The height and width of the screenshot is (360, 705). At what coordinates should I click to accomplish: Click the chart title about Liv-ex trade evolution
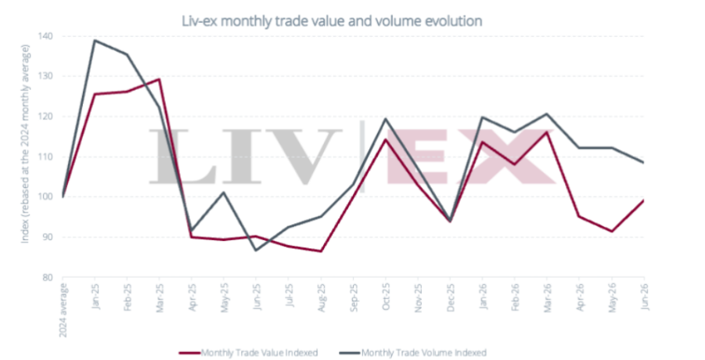[332, 20]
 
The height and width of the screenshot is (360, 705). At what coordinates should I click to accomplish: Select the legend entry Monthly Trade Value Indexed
[248, 353]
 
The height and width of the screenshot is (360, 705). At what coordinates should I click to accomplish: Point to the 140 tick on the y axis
[47, 36]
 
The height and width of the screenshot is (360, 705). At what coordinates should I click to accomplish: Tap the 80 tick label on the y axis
[48, 277]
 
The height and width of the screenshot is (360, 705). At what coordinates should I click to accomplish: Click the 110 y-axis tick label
[47, 157]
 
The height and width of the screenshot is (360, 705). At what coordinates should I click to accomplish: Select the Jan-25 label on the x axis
[95, 296]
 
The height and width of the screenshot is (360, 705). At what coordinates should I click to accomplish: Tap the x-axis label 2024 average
[63, 310]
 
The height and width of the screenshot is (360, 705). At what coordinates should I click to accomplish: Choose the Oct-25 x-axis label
[386, 297]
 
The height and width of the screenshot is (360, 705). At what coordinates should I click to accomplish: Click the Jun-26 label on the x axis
[645, 296]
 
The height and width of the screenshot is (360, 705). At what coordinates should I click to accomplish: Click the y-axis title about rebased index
[25, 144]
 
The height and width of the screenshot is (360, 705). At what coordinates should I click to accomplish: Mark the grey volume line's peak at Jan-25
[95, 41]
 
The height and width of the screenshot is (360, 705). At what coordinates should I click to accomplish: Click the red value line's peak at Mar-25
[159, 79]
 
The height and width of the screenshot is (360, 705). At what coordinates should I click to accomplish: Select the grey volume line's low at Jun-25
[256, 250]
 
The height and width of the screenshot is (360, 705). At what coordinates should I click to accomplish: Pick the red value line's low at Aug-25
[321, 251]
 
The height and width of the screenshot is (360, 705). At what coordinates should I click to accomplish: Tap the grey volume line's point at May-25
[224, 193]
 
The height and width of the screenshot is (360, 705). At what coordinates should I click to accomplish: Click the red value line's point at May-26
[612, 232]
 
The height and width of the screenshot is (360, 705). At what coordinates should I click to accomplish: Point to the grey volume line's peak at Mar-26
[547, 113]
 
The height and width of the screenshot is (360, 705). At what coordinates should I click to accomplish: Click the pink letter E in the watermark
[416, 157]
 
